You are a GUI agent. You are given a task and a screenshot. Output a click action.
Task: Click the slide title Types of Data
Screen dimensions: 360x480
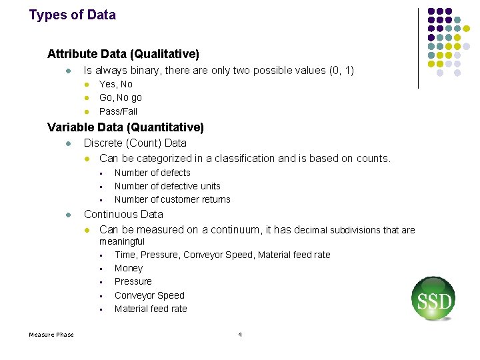point(72,15)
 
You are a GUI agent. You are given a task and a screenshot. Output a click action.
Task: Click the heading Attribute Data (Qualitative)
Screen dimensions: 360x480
point(123,53)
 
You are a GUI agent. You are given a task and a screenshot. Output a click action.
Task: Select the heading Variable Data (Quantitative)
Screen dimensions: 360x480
point(125,127)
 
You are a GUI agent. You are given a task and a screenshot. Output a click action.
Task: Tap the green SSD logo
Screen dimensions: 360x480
point(433,299)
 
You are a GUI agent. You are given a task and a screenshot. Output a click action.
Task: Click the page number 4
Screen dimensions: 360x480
point(240,334)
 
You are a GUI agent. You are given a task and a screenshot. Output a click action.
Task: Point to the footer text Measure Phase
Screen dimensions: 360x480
point(51,334)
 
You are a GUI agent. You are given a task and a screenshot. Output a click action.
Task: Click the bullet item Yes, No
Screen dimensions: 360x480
point(116,84)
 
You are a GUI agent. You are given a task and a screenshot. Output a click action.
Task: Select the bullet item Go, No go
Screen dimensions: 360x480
point(121,97)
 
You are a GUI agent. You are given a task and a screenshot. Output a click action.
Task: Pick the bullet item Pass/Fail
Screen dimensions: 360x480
point(119,111)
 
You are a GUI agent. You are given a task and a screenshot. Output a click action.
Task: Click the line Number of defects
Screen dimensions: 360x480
point(153,173)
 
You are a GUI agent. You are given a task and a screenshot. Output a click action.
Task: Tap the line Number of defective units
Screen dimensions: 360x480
point(167,186)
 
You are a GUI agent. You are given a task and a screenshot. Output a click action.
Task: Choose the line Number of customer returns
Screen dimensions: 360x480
point(173,199)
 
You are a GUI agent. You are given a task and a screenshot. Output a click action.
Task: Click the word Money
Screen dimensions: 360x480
point(129,268)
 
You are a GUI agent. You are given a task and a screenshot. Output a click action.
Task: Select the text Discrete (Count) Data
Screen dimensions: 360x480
point(135,143)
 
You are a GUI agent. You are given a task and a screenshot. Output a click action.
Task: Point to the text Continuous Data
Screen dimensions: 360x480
point(123,214)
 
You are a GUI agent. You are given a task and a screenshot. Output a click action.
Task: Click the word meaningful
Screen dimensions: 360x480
point(122,241)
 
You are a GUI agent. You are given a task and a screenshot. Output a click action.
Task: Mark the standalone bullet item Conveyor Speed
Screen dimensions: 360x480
point(149,295)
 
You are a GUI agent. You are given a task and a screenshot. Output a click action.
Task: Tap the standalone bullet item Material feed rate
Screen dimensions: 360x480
point(151,309)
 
